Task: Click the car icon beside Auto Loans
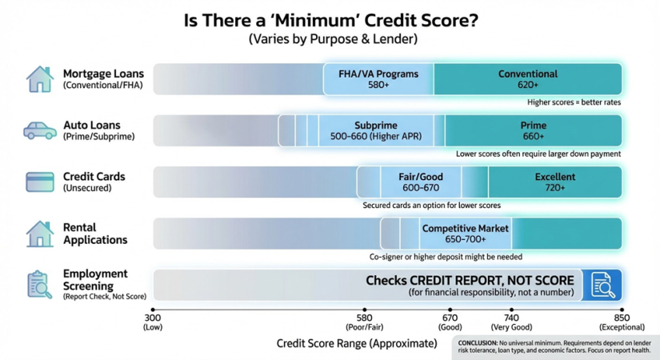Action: click(x=40, y=130)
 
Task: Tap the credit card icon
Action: click(x=40, y=182)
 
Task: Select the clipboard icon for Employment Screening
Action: click(x=40, y=285)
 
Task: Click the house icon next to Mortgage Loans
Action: click(x=40, y=78)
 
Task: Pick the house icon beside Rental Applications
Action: click(x=40, y=234)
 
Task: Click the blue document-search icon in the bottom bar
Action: click(x=602, y=285)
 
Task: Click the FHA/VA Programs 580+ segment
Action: click(x=378, y=79)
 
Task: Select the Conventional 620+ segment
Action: click(x=528, y=79)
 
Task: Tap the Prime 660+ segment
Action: click(x=534, y=130)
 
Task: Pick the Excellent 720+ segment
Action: click(x=554, y=182)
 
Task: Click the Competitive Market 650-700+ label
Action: click(x=465, y=234)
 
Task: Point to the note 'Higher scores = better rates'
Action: click(x=574, y=102)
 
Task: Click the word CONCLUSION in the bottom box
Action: click(x=478, y=343)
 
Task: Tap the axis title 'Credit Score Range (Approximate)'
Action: click(x=357, y=343)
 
